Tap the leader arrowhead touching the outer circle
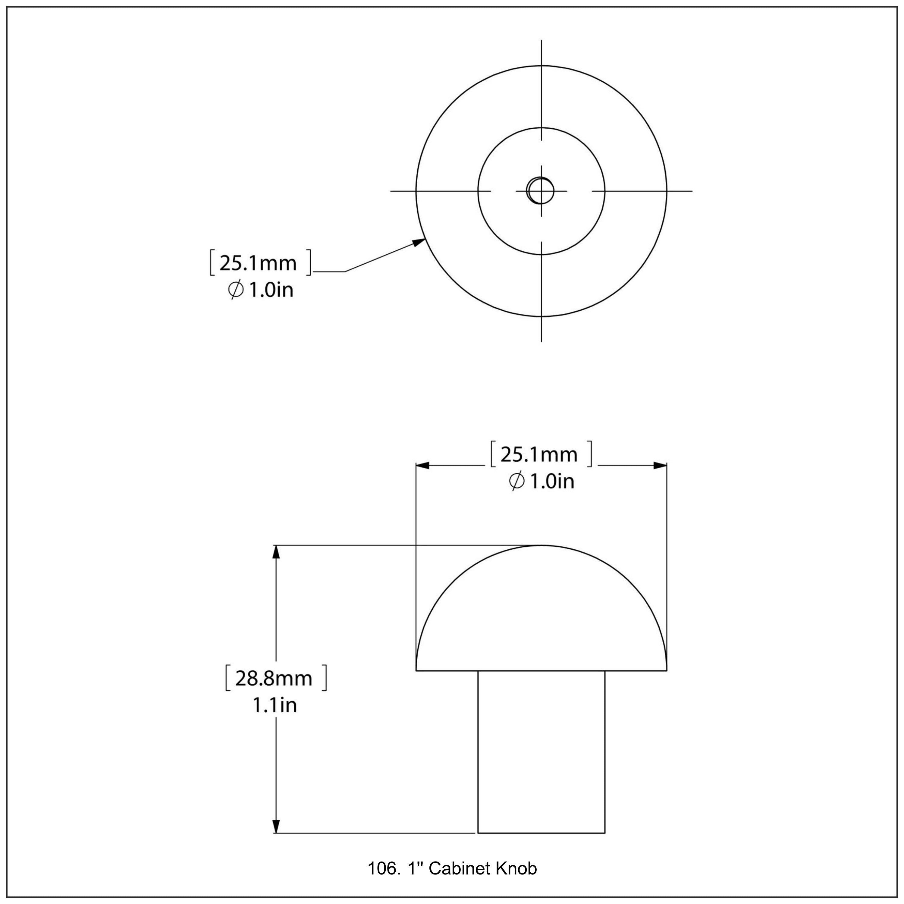419,242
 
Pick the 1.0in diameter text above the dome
551,482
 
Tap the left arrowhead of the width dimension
422,466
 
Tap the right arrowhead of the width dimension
660,466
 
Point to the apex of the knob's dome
541,546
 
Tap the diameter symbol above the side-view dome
516,482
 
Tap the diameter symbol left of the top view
235,290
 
